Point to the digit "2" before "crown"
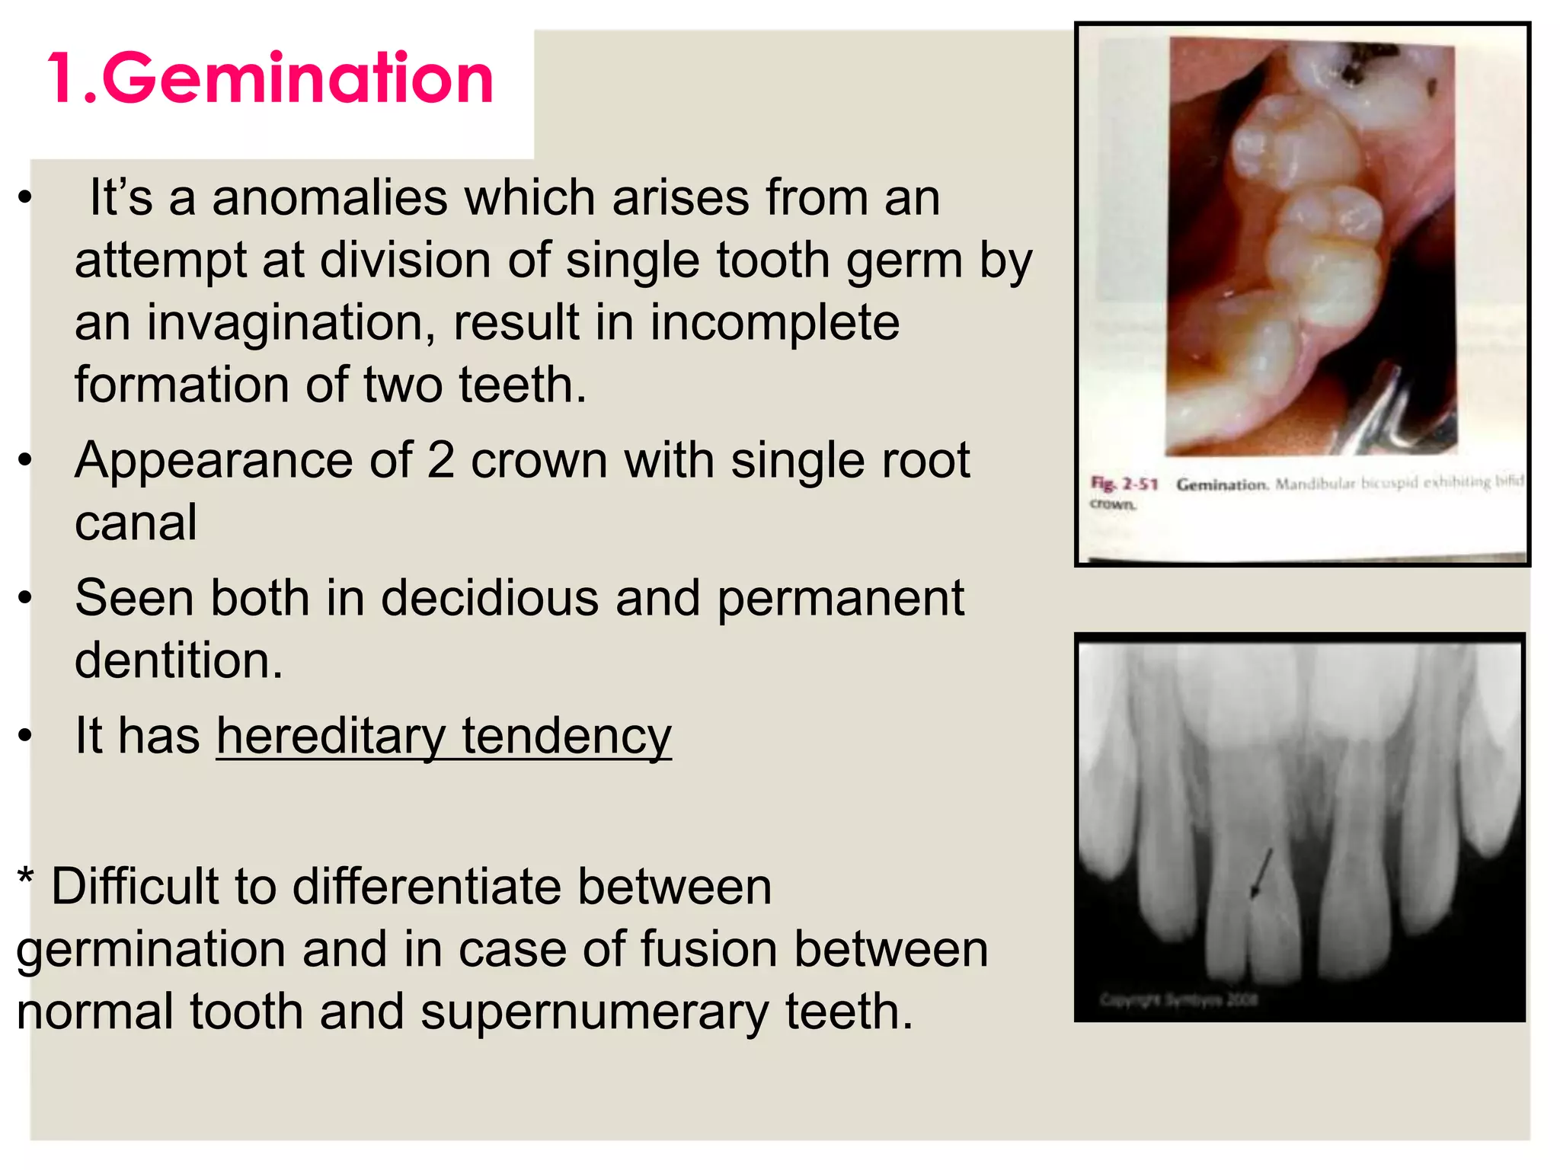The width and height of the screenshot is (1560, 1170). pyautogui.click(x=440, y=460)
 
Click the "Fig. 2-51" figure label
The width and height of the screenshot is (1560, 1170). pyautogui.click(x=1124, y=484)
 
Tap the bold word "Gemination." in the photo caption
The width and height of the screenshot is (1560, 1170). pyautogui.click(x=1222, y=484)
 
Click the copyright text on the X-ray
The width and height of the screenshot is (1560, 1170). pyautogui.click(x=1178, y=999)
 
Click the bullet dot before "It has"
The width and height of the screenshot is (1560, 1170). pyautogui.click(x=26, y=736)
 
